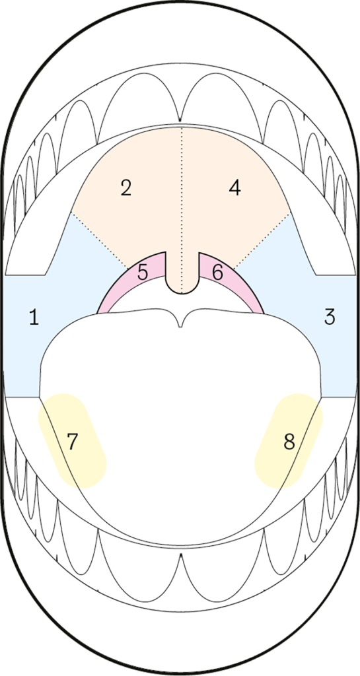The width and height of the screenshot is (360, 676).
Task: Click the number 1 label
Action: pos(34,318)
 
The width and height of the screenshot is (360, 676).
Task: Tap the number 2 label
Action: pos(126,188)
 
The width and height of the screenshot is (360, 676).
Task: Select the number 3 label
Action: pos(330,317)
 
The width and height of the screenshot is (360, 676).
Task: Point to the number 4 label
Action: pos(234,188)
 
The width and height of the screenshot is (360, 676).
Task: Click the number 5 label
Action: pos(143,273)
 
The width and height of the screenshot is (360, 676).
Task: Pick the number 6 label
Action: pos(218,273)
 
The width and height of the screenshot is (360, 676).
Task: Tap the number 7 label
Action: pos(73,442)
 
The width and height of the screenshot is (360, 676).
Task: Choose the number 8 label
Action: pos(289,442)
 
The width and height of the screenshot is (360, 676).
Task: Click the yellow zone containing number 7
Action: pos(73,440)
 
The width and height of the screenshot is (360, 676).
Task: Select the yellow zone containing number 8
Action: pos(289,440)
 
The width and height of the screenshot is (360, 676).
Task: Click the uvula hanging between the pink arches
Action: pos(182,276)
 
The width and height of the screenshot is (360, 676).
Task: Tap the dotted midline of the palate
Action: pos(182,211)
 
